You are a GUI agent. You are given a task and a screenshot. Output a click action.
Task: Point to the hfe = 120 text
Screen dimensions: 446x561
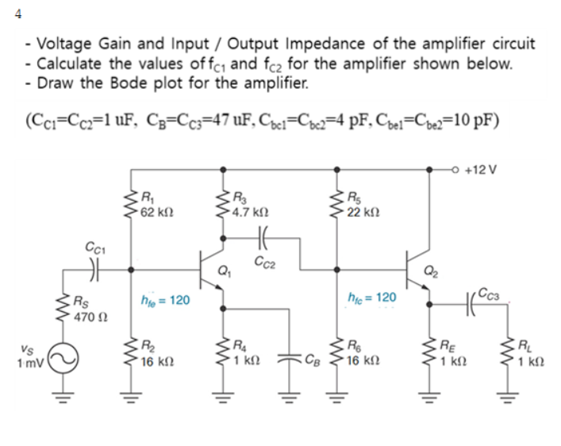click(164, 302)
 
